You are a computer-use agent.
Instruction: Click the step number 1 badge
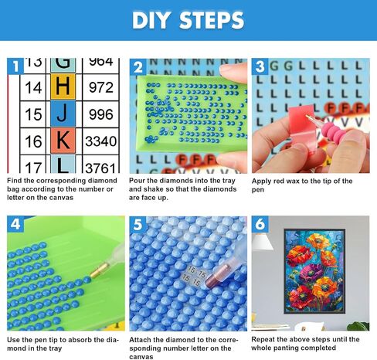[x=15, y=66]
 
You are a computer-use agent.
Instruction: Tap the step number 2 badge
[x=138, y=67]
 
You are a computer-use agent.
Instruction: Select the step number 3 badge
[x=260, y=66]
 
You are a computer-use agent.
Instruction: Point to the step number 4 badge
[x=15, y=224]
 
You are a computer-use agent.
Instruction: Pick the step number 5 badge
[x=138, y=224]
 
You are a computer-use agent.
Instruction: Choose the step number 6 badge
[x=260, y=224]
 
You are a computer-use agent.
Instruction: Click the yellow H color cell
[x=63, y=87]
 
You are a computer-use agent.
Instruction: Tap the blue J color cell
[x=63, y=114]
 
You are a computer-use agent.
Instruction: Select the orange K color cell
[x=63, y=141]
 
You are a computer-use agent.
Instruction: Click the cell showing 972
[x=101, y=87]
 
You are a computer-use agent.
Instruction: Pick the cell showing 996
[x=101, y=114]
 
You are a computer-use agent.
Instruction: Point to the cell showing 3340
[x=101, y=141]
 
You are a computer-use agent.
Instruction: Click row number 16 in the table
[x=33, y=141]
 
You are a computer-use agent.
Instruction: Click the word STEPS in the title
[x=212, y=20]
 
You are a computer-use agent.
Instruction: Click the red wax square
[x=302, y=127]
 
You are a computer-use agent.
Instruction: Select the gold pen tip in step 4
[x=100, y=270]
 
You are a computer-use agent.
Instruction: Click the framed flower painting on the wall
[x=314, y=271]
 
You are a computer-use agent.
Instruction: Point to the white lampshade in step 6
[x=262, y=242]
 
